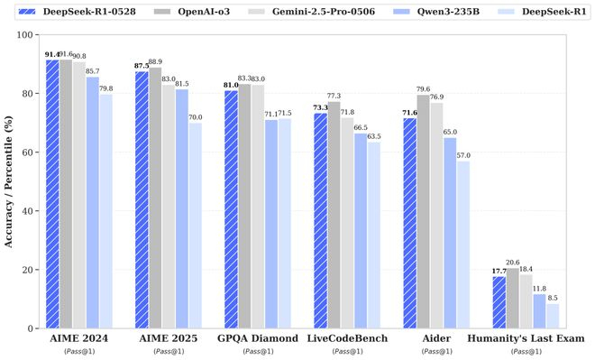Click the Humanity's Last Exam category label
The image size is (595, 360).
(526, 338)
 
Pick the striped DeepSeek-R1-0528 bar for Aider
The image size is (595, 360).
(410, 223)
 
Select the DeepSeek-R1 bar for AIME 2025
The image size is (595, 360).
(196, 226)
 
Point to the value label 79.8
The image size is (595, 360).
(105, 88)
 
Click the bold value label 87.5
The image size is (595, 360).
(142, 66)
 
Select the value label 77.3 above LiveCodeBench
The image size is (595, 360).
(334, 96)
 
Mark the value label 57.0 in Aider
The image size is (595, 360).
(462, 155)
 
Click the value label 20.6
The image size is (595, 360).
(513, 262)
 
